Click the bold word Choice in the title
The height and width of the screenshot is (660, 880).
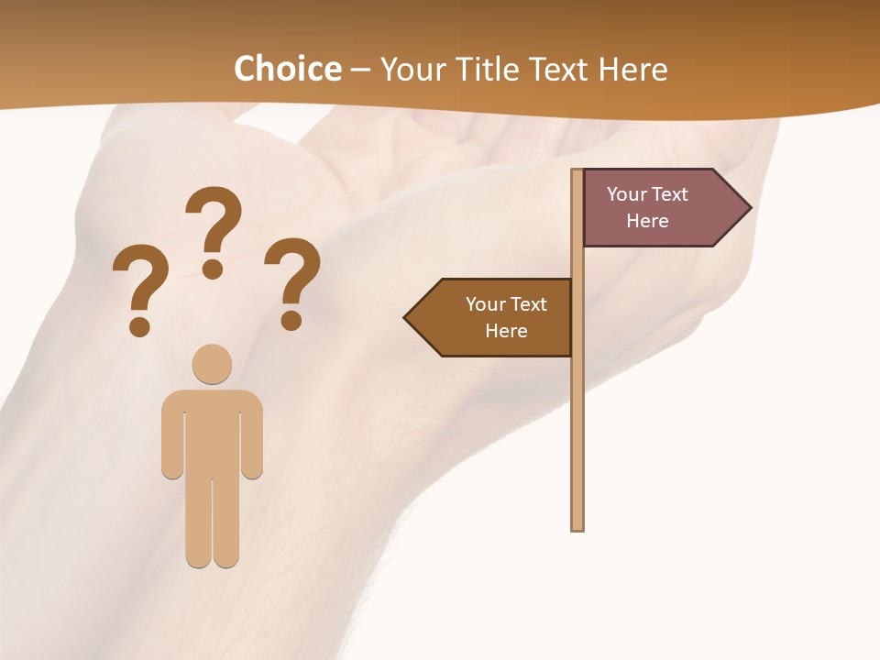[287, 69]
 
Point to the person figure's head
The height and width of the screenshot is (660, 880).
[212, 364]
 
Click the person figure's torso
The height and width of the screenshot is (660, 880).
[212, 431]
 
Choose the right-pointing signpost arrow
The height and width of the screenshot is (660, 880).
[660, 208]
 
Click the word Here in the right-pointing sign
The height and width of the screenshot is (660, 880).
[647, 221]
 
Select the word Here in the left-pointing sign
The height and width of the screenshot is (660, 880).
[506, 331]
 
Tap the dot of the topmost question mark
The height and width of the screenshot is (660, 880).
[213, 269]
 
